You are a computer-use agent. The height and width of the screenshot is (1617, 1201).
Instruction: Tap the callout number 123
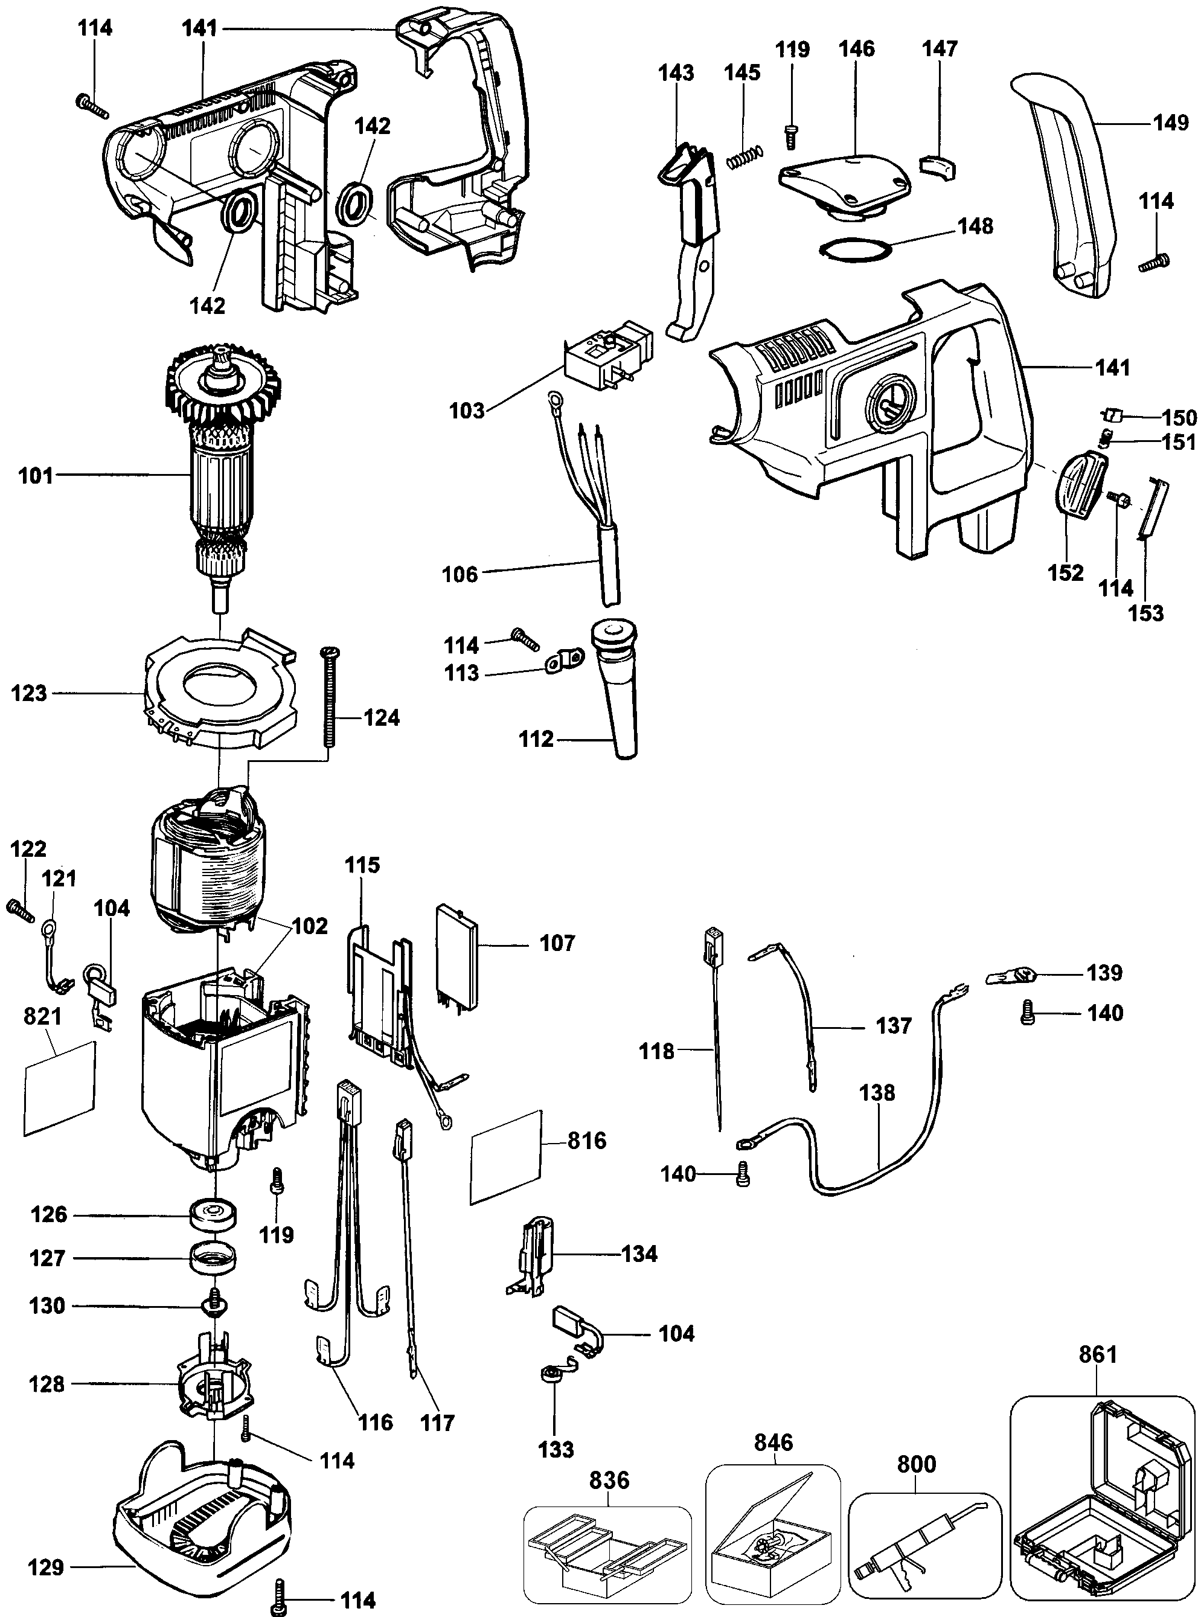coord(29,693)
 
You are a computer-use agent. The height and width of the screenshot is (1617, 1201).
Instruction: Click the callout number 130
coord(47,1306)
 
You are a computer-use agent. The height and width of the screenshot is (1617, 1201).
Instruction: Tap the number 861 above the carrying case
coord(1098,1354)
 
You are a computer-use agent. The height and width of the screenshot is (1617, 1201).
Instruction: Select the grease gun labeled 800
coord(920,1534)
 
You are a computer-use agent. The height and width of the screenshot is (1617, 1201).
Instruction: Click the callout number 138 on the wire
coord(877,1092)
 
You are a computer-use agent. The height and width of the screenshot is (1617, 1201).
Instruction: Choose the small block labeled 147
coord(938,167)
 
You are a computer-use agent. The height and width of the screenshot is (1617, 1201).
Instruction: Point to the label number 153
coord(1145,613)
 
